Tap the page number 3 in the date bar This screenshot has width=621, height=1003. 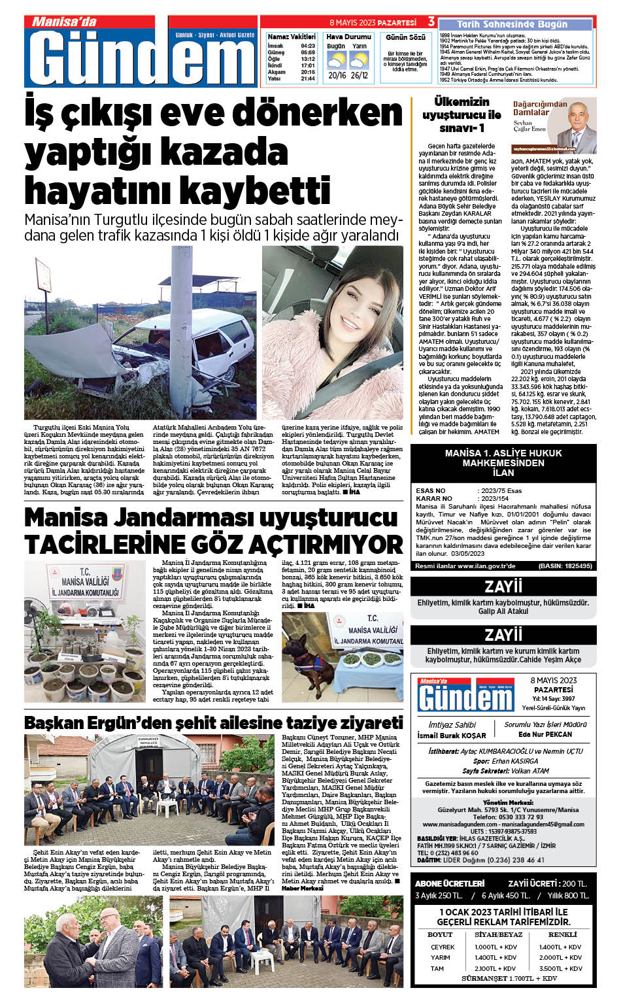(431, 22)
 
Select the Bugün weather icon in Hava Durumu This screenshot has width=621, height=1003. (336, 61)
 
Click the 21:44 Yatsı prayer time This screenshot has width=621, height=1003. (308, 78)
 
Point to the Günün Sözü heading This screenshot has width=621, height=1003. (405, 37)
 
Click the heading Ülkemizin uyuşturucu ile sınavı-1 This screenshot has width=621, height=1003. (461, 115)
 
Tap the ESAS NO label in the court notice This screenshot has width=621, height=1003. (431, 490)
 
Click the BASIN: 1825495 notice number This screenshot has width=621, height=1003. (565, 566)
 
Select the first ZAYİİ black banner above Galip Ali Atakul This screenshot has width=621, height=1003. (503, 586)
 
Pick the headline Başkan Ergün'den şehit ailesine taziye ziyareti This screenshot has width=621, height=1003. (213, 723)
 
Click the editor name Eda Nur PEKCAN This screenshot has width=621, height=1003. (545, 734)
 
